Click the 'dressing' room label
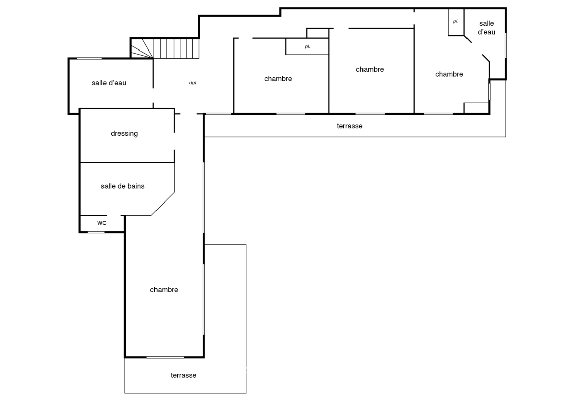coord(124,134)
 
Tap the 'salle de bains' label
coord(123,186)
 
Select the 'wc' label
coord(102,223)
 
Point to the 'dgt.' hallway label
coord(193,83)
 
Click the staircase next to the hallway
coord(165,48)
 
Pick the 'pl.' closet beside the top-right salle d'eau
coord(456,22)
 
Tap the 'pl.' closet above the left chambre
coord(307,46)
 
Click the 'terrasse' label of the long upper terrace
coord(349,126)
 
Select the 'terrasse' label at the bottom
coord(184,375)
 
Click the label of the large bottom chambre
coord(164,290)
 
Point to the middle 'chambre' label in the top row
coord(370,69)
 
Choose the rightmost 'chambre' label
coord(449,74)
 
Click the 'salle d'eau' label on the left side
coord(109,83)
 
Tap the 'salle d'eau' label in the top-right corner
coord(487,28)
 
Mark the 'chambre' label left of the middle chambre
coord(278,79)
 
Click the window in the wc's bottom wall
coord(96,232)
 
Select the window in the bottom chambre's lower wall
coord(165,357)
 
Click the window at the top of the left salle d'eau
coord(89,58)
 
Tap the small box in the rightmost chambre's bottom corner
coord(476,108)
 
